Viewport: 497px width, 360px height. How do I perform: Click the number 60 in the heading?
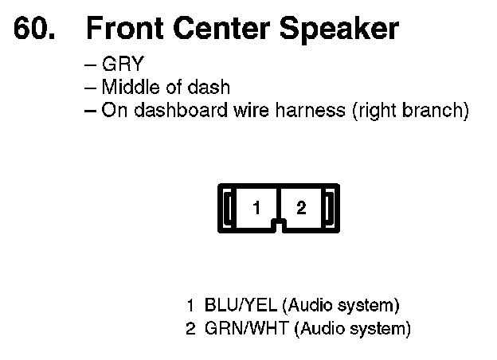[x=33, y=29]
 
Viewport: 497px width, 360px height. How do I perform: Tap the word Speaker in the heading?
[x=339, y=29]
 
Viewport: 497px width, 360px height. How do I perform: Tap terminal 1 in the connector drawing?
[x=256, y=209]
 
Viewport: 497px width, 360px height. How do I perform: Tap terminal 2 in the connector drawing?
[x=300, y=209]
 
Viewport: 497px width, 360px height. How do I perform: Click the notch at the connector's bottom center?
[x=278, y=225]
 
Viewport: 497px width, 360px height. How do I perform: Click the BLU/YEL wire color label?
[x=241, y=305]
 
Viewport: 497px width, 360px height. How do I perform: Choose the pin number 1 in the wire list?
[x=191, y=305]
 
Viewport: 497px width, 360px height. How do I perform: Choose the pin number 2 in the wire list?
[x=191, y=327]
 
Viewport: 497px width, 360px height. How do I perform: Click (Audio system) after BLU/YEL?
[x=341, y=305]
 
